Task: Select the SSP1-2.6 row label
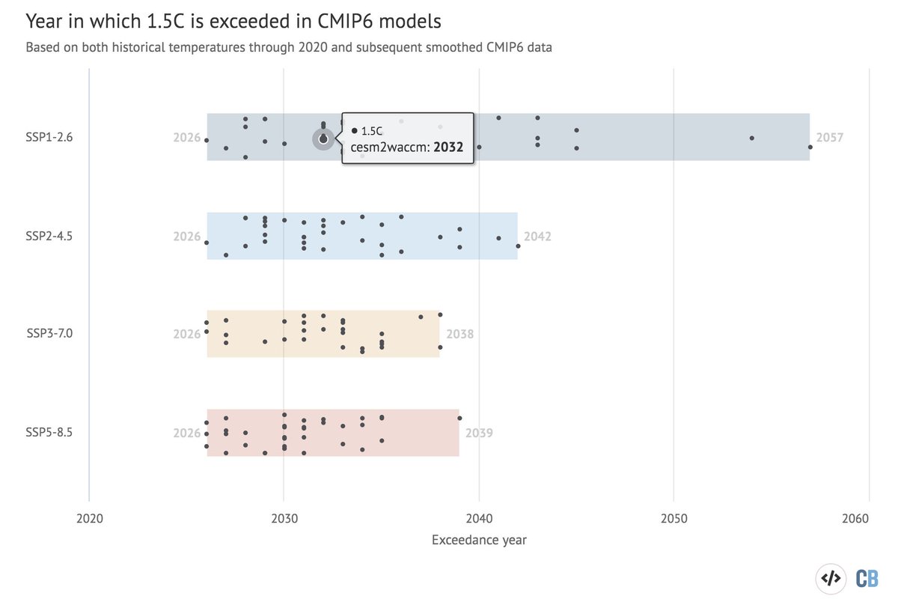click(49, 138)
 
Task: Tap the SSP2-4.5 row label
click(49, 236)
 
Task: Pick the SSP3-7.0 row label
click(49, 334)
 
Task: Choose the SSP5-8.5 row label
click(49, 433)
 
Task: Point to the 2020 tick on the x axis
click(89, 518)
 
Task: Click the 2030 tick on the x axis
click(284, 518)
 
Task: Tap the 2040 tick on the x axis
click(479, 518)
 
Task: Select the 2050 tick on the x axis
click(673, 518)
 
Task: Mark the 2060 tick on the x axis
click(868, 518)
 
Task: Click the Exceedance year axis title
click(479, 540)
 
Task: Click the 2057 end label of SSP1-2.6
click(829, 139)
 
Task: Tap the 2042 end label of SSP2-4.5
click(537, 237)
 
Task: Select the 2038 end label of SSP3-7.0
click(459, 335)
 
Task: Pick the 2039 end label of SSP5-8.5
click(479, 433)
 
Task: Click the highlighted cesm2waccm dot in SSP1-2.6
click(323, 139)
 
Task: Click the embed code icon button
click(831, 578)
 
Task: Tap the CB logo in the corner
click(867, 578)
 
